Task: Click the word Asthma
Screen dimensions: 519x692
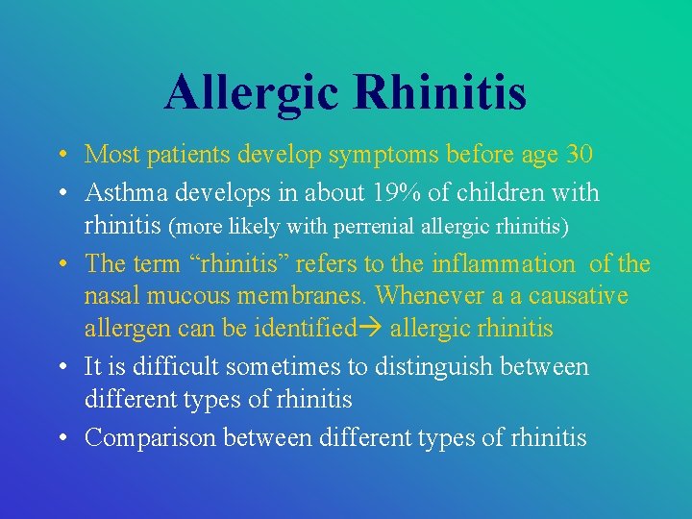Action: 123,193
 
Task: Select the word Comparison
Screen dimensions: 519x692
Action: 150,438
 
